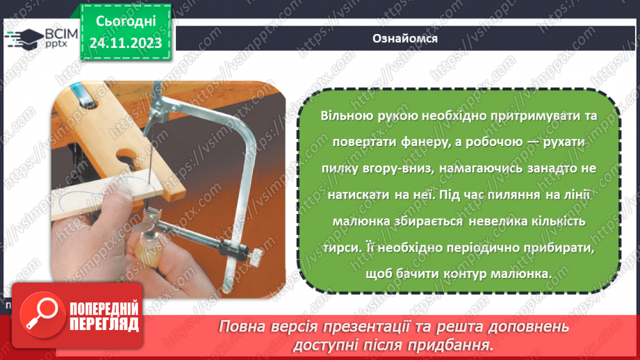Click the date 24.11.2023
[x=126, y=43]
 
